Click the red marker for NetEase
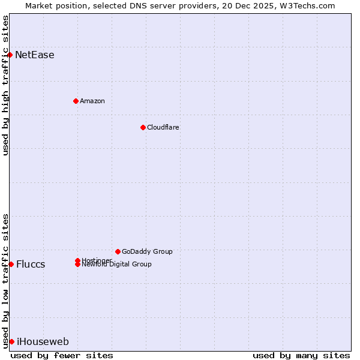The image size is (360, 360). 10,55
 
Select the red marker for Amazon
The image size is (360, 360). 76,101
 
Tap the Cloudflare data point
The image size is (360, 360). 143,127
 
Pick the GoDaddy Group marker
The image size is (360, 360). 118,251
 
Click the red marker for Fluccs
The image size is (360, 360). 11,264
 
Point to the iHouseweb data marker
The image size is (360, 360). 11,341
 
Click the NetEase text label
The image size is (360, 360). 35,55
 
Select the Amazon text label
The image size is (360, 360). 92,101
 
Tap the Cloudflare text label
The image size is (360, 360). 163,127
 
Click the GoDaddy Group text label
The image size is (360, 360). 147,251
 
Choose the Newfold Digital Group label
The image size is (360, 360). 117,265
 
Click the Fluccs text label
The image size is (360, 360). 31,265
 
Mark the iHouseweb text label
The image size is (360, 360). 43,342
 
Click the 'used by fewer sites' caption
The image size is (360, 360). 62,355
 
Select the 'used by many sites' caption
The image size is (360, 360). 301,355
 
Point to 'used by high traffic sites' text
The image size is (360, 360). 5,86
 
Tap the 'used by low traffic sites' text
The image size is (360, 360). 5,280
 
